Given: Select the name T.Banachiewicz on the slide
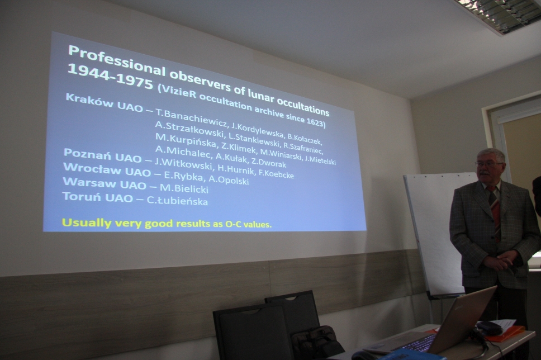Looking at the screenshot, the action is point(191,118).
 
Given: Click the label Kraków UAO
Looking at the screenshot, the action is point(104,102).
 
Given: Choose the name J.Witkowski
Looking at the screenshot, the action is point(183,163).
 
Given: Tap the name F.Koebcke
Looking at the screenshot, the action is point(276,174).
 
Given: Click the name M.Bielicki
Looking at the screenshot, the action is point(184,188).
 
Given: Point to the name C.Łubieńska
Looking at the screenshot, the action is point(177,201).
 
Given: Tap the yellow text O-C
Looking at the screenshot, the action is point(234,224).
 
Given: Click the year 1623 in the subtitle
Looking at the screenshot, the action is point(314,122).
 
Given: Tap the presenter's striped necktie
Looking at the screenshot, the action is point(495,211).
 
